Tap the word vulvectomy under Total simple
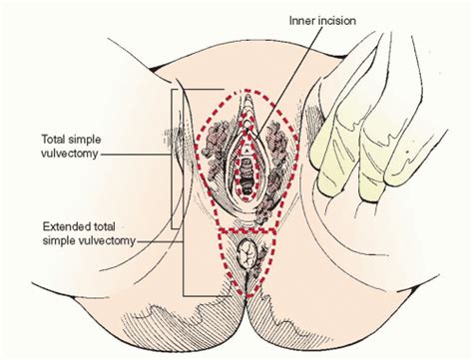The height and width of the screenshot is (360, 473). point(68,156)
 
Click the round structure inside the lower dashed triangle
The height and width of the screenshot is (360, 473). point(243,256)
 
